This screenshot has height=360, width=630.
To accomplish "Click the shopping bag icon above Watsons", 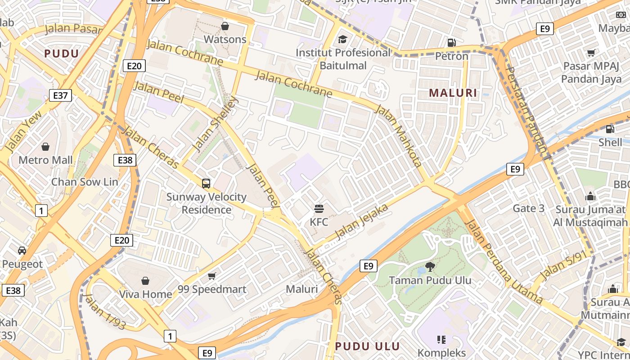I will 225,26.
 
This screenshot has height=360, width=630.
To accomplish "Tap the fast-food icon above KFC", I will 319,208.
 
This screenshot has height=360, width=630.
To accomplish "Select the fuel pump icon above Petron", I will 451,43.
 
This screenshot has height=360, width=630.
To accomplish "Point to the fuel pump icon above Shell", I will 610,129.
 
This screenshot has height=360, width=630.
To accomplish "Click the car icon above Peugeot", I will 22,250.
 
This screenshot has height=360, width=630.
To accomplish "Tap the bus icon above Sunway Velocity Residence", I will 206,183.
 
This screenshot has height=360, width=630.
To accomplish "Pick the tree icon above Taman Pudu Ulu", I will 430,266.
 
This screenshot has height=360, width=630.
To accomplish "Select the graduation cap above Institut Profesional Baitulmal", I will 343,39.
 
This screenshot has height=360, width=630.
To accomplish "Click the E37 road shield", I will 60,95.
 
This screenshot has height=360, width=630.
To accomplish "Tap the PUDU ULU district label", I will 368,346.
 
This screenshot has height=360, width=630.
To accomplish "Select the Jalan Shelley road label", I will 214,124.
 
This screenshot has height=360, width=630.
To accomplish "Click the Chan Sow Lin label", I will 85,182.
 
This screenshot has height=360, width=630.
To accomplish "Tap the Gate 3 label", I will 529,208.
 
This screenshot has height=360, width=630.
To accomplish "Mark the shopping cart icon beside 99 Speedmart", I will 211,275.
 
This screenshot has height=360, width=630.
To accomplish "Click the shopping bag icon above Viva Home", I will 145,281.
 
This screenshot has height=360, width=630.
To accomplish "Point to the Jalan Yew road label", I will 23,131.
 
